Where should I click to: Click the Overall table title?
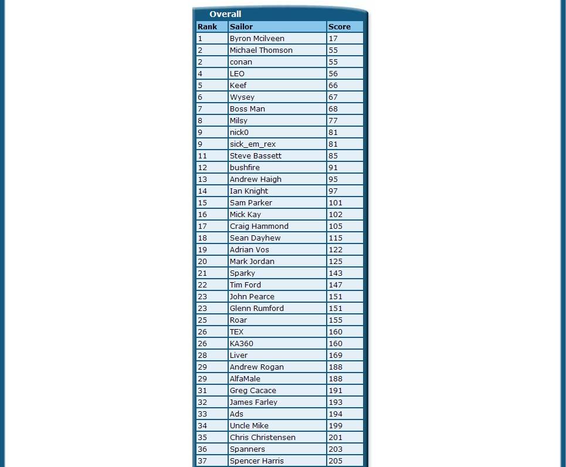(225, 14)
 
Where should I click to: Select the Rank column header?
(208, 26)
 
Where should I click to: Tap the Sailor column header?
(241, 26)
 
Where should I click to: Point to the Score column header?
(339, 26)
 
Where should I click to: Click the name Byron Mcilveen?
(257, 38)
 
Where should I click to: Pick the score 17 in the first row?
(333, 38)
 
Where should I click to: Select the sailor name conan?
(241, 62)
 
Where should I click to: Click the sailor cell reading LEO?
(237, 73)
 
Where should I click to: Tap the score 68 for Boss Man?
(333, 109)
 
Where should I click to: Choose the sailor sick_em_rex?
(253, 144)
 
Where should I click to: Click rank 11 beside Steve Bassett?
(202, 155)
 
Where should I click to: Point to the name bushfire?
(245, 167)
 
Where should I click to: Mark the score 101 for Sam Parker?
(335, 202)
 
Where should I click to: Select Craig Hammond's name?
(259, 226)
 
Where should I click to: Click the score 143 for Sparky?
(335, 273)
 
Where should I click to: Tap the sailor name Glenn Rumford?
(257, 308)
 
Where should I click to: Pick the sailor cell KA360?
(242, 343)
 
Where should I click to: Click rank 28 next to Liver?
(202, 355)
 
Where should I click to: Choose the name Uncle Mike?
(249, 425)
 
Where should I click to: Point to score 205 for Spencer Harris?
(335, 461)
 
